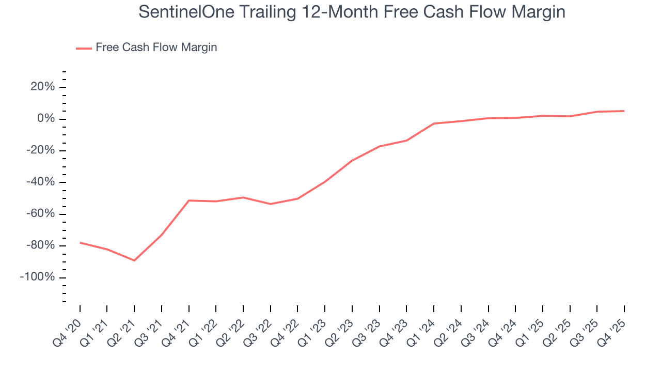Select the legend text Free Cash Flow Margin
(x=156, y=48)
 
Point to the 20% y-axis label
(x=42, y=87)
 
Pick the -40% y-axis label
(x=40, y=182)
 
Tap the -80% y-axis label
(x=40, y=245)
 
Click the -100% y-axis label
(x=37, y=277)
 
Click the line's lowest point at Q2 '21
(x=134, y=260)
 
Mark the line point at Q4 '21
(x=189, y=200)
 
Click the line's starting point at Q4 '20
(x=80, y=242)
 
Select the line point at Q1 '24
(x=434, y=123)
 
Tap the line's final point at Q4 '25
(x=624, y=111)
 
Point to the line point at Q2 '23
(x=352, y=160)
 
